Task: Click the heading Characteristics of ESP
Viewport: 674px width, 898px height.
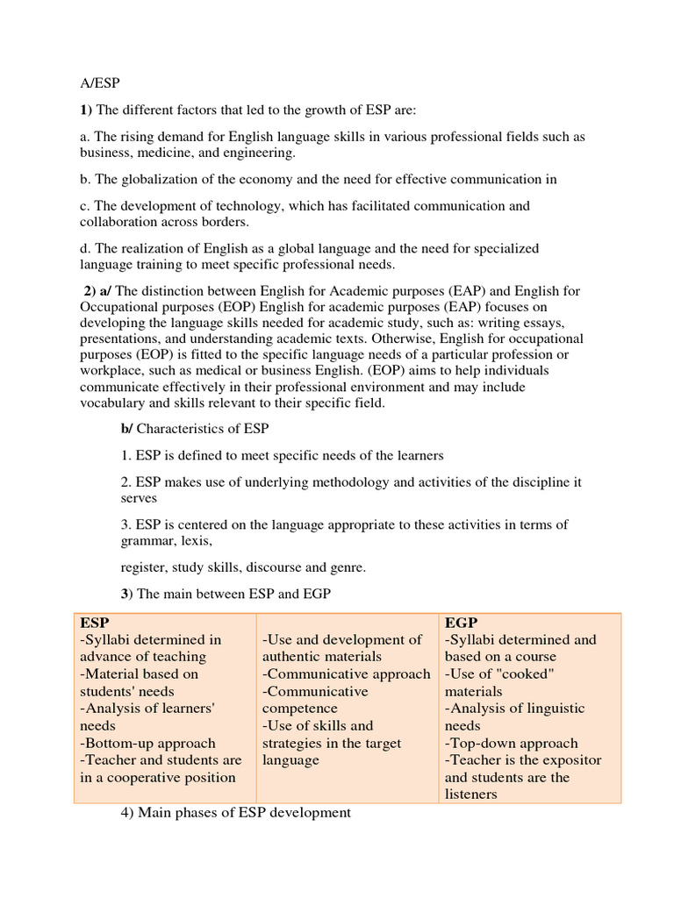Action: click(202, 429)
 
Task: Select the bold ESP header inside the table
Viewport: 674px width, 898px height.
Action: click(95, 622)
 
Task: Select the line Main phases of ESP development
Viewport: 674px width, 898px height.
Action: click(235, 813)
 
